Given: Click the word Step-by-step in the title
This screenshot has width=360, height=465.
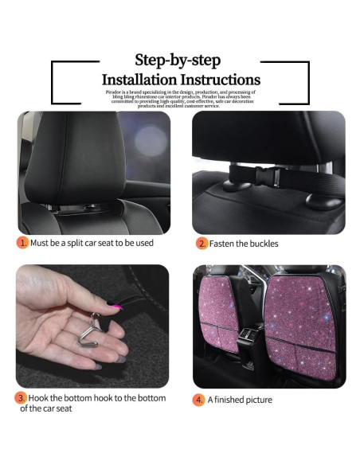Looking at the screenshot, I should [178, 61].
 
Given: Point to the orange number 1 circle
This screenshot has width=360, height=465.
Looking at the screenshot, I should [22, 243].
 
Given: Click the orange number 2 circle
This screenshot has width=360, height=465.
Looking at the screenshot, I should [202, 244].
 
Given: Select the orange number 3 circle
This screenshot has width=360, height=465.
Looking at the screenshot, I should [22, 397].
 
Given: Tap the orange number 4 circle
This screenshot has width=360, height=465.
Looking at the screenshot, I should [198, 400].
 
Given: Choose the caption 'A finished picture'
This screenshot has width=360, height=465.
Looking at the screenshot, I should [241, 400].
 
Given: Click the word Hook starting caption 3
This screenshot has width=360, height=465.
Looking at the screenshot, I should [41, 397].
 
